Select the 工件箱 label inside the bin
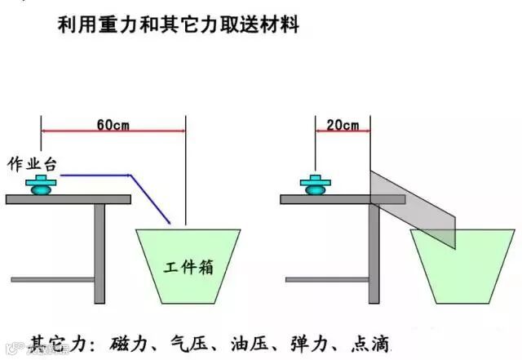[x=187, y=267]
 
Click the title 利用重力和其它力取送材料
[x=179, y=25]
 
